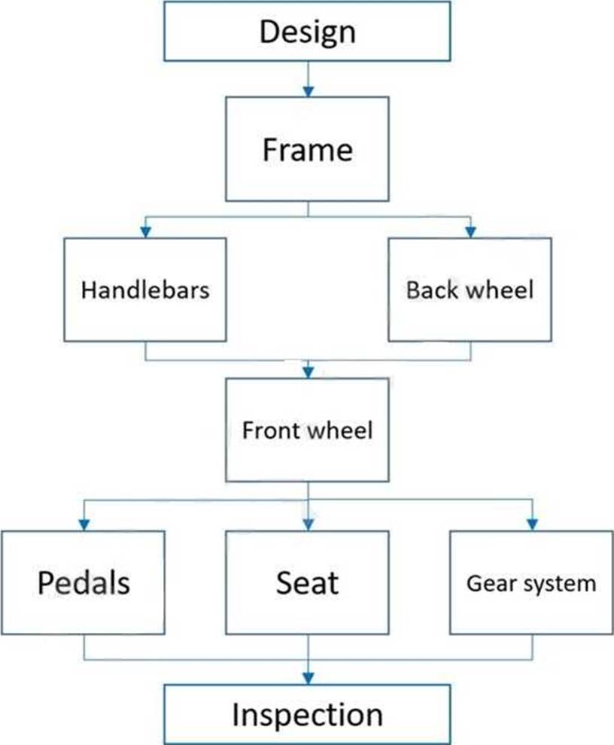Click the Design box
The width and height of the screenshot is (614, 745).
pos(307,32)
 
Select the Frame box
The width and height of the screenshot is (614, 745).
pos(307,149)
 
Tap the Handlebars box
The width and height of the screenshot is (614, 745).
pos(145,290)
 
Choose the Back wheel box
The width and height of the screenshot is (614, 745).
pos(470,290)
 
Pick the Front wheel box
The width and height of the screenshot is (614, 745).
pos(307,430)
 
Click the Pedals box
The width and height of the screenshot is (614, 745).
pos(84,582)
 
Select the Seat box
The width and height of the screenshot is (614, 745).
pos(307,582)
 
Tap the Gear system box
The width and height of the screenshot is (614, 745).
pos(531,582)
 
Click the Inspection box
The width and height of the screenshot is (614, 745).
pos(307,714)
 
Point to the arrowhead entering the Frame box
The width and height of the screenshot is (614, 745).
pos(309,91)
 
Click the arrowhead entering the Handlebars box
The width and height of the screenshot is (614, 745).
pos(146,232)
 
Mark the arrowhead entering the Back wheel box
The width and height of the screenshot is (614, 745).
pos(470,232)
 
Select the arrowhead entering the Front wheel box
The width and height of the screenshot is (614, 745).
pos(309,372)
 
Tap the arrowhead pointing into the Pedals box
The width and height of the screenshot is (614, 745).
pos(84,525)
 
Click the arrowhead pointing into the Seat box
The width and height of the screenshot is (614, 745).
pos(309,525)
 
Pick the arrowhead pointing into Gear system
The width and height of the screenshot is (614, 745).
pos(532,525)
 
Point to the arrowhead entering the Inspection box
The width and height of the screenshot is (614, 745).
pos(309,679)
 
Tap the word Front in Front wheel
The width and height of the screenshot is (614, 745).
pos(271,430)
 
